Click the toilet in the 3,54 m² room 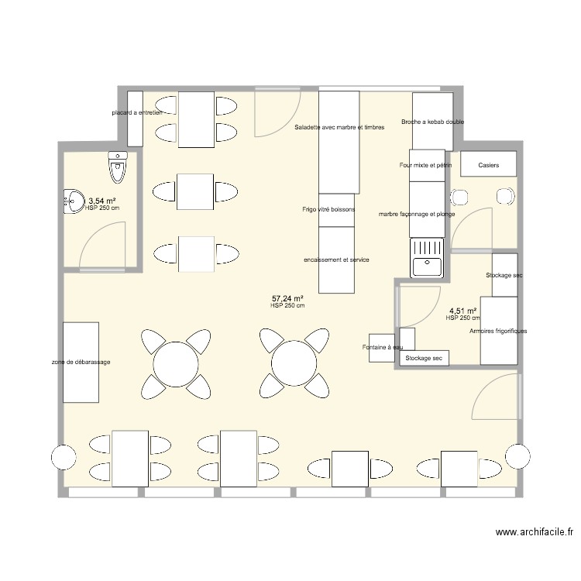point(118,167)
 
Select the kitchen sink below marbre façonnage point(427,257)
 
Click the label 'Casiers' point(488,165)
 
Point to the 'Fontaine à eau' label point(383,347)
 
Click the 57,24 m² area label point(288,298)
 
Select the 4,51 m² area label point(462,311)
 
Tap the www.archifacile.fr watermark point(535,532)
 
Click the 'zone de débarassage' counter point(81,362)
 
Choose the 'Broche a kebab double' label point(432,122)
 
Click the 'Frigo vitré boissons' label point(328,209)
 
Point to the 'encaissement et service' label point(336,260)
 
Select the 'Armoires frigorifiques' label point(498,331)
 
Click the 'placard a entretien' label point(137,112)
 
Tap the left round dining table point(176,364)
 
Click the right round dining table point(294,363)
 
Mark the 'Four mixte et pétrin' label point(425,165)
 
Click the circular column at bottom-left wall point(64,457)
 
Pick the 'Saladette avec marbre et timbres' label point(339,127)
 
